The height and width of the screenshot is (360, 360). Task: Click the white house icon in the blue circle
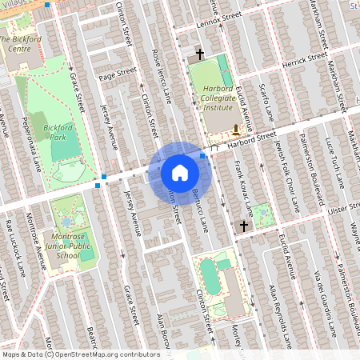[x=180, y=172]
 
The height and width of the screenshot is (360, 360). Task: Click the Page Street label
[x=118, y=74]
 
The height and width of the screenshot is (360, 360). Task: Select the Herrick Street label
[x=305, y=61]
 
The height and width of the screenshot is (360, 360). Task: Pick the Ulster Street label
[x=339, y=207]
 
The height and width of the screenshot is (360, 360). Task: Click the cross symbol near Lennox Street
[x=200, y=54]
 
